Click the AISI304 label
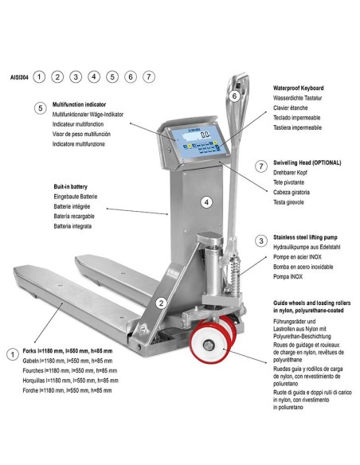pyautogui.click(x=20, y=77)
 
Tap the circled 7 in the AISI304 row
pyautogui.click(x=149, y=77)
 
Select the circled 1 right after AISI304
pyautogui.click(x=39, y=77)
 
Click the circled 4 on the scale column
pyautogui.click(x=207, y=202)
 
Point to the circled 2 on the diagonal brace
pyautogui.click(x=162, y=303)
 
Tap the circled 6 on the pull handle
pyautogui.click(x=235, y=96)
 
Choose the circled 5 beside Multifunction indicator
pyautogui.click(x=41, y=108)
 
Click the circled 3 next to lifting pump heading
pyautogui.click(x=261, y=240)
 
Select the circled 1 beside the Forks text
pyautogui.click(x=13, y=354)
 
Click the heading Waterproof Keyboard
pyautogui.click(x=299, y=88)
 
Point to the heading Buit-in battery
pyautogui.click(x=71, y=186)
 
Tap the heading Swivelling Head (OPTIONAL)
pyautogui.click(x=307, y=162)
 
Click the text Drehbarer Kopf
pyautogui.click(x=290, y=173)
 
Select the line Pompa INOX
pyautogui.click(x=288, y=276)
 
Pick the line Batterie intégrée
pyautogui.click(x=72, y=206)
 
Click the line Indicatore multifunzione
pyautogui.click(x=79, y=144)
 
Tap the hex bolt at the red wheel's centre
pyautogui.click(x=209, y=345)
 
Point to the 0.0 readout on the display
pyautogui.click(x=205, y=135)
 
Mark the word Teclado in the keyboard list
pyautogui.click(x=282, y=118)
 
